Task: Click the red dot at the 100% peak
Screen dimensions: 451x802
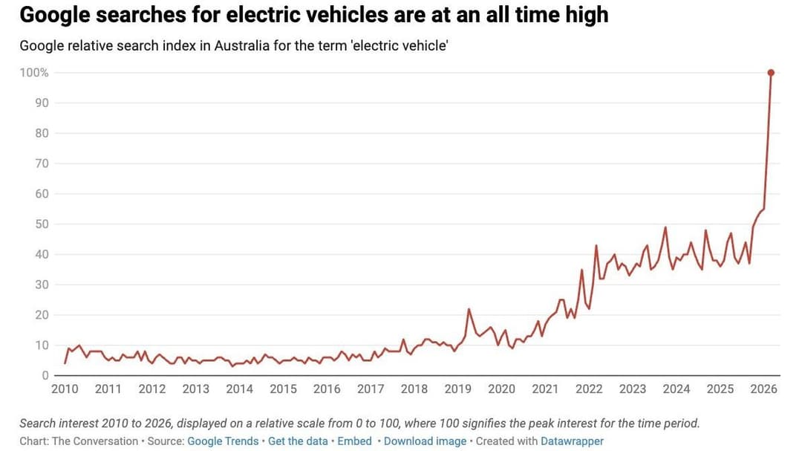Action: tap(771, 73)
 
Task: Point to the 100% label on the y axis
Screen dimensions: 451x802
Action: tap(34, 73)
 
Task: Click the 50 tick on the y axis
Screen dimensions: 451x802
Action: tap(42, 224)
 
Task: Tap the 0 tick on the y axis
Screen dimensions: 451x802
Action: tap(45, 376)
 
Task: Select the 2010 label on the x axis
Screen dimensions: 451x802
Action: tap(65, 389)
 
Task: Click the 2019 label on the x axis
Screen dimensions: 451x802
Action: tap(458, 389)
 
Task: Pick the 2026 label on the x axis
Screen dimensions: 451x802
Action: tap(764, 389)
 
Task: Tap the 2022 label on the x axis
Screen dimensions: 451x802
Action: tap(589, 389)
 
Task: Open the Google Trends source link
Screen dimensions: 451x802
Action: tap(223, 441)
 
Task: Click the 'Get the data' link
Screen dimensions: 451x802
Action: tap(298, 441)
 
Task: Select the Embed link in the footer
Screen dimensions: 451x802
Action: tap(354, 441)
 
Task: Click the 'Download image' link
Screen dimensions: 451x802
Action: tap(425, 441)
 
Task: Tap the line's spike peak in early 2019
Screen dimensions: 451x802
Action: tap(469, 309)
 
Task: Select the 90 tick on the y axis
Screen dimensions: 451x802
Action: tap(42, 103)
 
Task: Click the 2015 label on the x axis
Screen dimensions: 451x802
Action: tap(283, 389)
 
